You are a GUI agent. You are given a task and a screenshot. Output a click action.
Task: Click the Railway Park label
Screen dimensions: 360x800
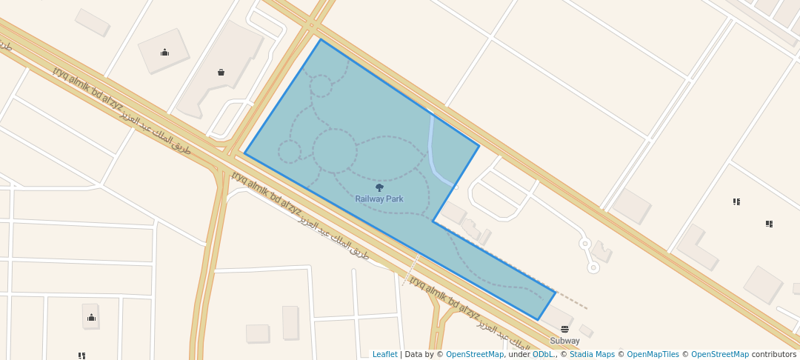(x=379, y=199)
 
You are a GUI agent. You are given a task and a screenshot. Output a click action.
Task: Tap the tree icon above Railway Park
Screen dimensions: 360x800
(x=380, y=187)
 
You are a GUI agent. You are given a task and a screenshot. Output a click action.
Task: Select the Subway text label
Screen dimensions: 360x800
(x=564, y=341)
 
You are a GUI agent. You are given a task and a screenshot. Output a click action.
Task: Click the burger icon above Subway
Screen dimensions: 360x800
(x=565, y=329)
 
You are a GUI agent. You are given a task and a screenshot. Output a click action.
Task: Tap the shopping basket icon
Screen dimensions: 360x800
(x=221, y=72)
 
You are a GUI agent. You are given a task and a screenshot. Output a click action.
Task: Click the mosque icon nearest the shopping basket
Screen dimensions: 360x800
(x=164, y=52)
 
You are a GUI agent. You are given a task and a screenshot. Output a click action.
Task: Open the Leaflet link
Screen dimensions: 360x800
(x=384, y=354)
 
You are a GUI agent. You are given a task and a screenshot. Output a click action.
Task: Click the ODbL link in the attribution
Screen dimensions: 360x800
(x=543, y=354)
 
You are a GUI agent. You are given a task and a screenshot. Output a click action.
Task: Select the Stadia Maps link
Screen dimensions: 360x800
(x=592, y=354)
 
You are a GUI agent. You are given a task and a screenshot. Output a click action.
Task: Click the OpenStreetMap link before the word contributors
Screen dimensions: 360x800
(x=719, y=354)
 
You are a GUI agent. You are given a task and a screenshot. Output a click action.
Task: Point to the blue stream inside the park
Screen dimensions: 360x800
(x=433, y=148)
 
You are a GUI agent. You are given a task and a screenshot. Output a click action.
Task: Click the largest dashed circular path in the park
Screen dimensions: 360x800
(x=335, y=150)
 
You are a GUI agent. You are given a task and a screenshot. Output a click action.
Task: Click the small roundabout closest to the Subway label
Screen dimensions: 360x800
(x=593, y=267)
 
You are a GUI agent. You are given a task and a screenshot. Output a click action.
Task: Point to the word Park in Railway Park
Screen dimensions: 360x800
(x=394, y=199)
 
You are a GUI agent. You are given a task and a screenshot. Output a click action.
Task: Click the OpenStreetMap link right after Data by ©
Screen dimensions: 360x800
(x=474, y=354)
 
